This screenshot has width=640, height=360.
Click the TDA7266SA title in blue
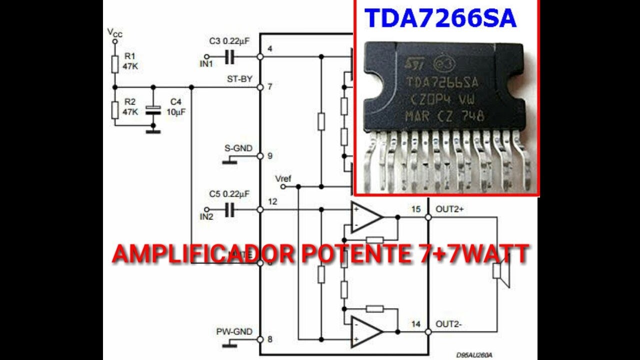pos(440,18)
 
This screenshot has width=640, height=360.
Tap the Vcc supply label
pos(115,33)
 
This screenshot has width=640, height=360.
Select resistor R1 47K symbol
pos(115,64)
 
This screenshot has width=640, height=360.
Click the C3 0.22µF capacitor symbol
pos(229,57)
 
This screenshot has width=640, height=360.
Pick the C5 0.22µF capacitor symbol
pos(229,210)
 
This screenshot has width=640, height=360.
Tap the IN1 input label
pos(206,64)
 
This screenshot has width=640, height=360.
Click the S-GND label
pos(238,148)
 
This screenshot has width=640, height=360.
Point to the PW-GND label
pos(234,331)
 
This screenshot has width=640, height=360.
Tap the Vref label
pos(283,178)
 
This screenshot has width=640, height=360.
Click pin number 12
pos(272,201)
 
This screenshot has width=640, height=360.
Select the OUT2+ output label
pos(450,209)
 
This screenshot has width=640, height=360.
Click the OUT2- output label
pos(448,324)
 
